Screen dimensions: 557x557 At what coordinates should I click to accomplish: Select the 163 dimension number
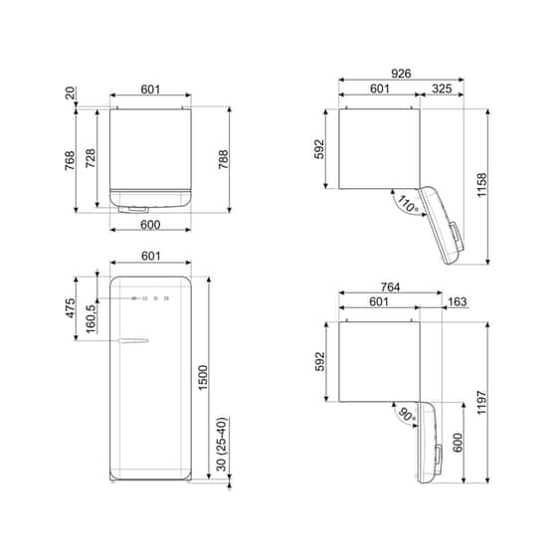click(x=457, y=302)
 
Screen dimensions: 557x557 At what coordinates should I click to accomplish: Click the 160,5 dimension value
click(x=91, y=319)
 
